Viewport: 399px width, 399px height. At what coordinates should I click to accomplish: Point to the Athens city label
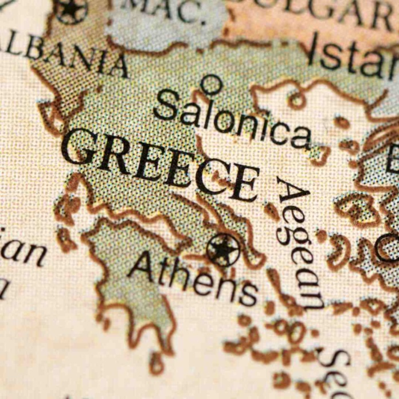(x=193, y=277)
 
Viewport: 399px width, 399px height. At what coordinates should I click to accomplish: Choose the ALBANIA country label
(x=63, y=55)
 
